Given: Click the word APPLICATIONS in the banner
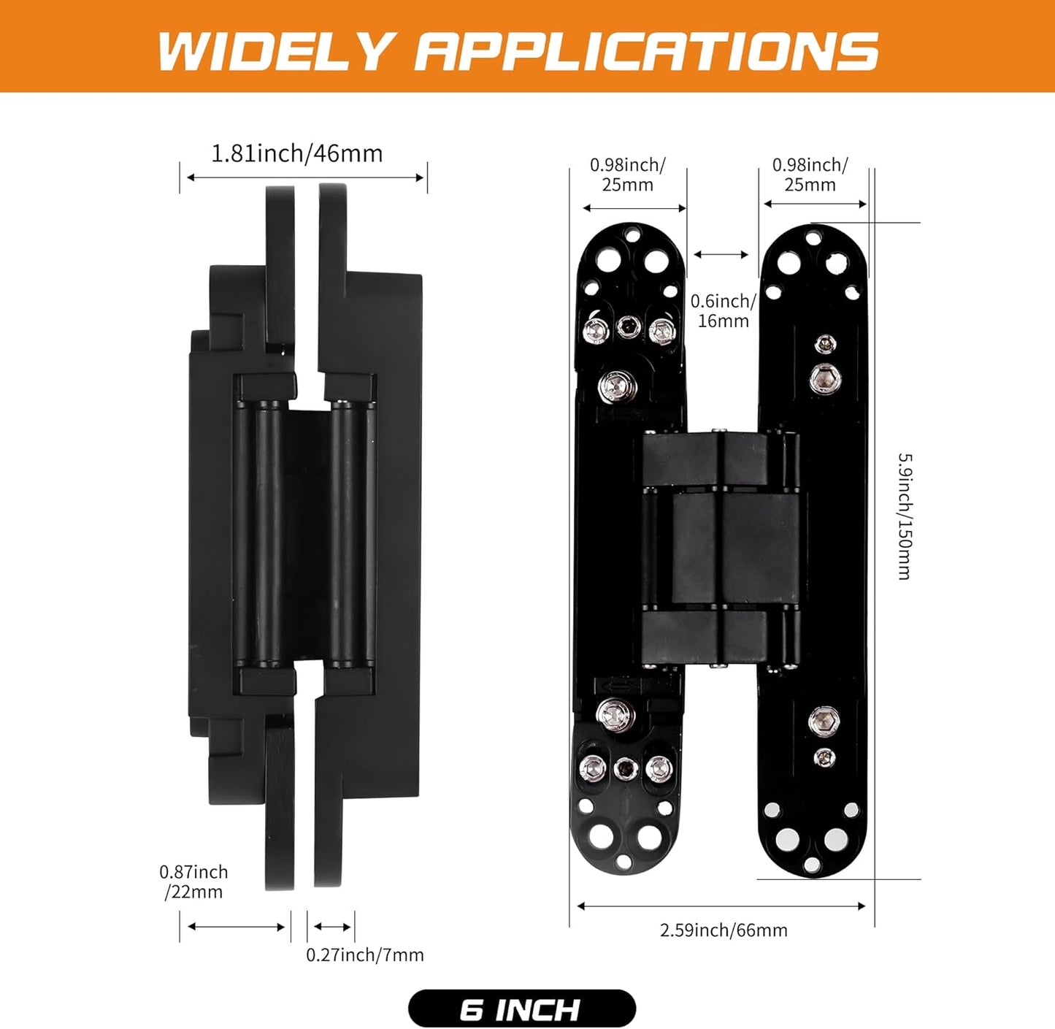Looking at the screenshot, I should click(646, 51).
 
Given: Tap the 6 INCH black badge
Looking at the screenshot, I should click(521, 1009).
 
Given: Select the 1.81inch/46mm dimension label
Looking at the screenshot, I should click(296, 153).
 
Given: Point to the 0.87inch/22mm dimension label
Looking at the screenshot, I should click(193, 881).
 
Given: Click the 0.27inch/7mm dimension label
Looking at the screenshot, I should click(364, 955).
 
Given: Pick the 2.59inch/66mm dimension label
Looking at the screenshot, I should click(724, 930).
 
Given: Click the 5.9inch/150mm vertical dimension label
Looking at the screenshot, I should click(904, 516).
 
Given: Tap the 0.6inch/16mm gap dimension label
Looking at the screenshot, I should click(723, 311).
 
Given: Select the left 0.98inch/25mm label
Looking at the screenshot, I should click(627, 175).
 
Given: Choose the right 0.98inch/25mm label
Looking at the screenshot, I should click(810, 175).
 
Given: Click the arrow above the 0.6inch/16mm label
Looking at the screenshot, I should click(721, 255).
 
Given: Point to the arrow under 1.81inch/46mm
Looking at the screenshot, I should click(305, 177).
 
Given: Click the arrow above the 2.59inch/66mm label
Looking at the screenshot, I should click(721, 906).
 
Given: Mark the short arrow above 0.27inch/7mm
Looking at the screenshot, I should click(332, 927).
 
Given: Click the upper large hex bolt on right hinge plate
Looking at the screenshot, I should click(825, 378).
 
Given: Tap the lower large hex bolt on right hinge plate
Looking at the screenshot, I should click(824, 722).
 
